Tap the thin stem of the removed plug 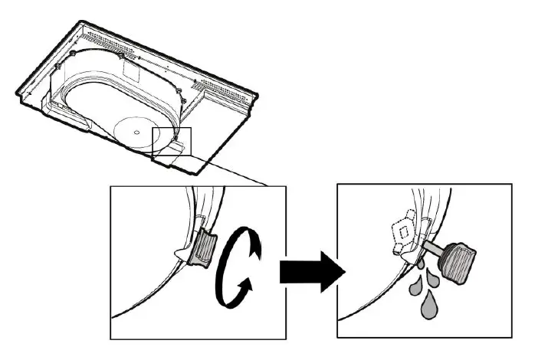pos(434,248)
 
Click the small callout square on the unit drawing pos(172,142)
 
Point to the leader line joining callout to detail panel pos(230,170)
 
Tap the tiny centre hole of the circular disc pos(136,132)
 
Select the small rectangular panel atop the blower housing pos(133,73)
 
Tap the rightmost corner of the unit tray pos(258,96)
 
